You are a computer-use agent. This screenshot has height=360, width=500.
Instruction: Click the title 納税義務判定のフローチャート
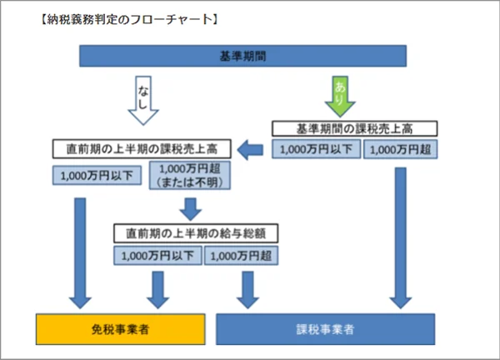[x=117, y=17]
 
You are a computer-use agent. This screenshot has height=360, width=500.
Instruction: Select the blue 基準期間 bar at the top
[x=242, y=57]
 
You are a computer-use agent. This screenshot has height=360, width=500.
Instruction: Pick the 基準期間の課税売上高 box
[x=354, y=129]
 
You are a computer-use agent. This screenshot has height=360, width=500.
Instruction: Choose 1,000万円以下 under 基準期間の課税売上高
[x=315, y=150]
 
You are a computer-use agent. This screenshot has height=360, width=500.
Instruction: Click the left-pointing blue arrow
[x=250, y=150]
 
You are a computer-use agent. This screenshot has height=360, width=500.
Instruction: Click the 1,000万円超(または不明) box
[x=192, y=176]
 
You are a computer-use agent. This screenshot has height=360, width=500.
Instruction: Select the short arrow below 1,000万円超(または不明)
[x=192, y=207]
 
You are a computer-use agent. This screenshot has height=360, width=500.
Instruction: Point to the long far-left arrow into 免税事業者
[x=81, y=250]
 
